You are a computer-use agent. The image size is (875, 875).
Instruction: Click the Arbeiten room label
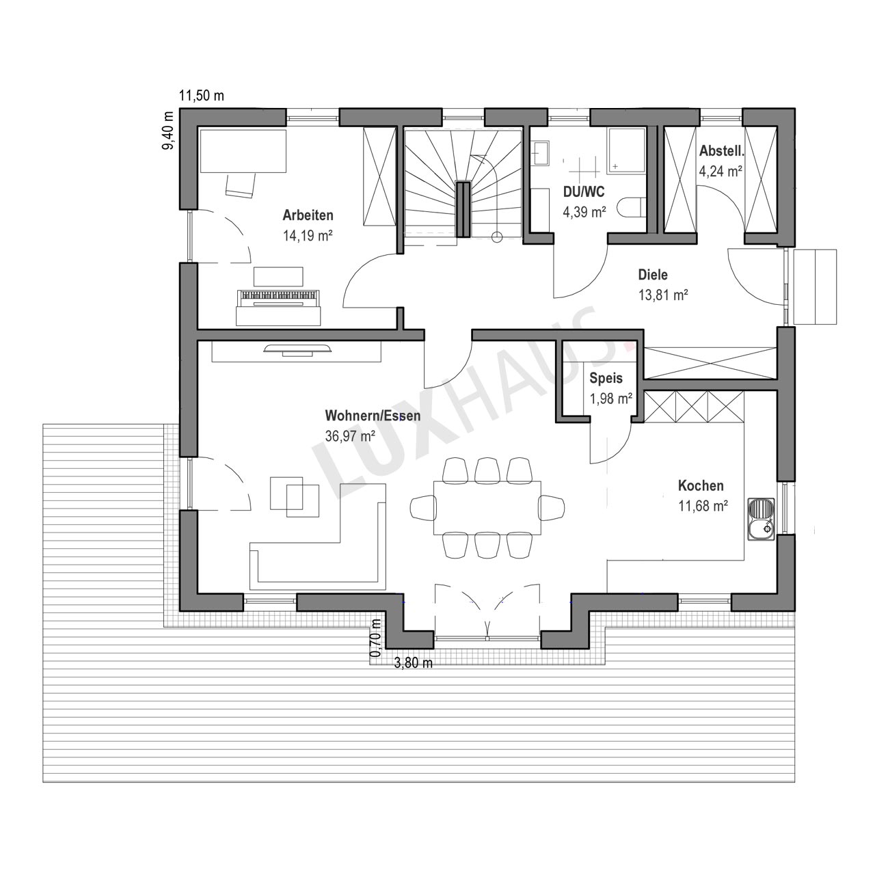[x=308, y=215]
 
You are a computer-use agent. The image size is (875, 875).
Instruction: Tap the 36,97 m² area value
[x=349, y=436]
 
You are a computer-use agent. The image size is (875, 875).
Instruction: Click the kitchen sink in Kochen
[x=762, y=520]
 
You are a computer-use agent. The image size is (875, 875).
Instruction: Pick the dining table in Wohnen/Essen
[x=487, y=508]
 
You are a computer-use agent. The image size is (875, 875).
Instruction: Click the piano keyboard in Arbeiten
[x=278, y=298]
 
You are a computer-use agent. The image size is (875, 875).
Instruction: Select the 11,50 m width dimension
[x=202, y=96]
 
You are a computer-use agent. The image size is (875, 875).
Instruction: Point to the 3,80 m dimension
[x=413, y=663]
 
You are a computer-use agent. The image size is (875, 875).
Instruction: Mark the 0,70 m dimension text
[x=375, y=637]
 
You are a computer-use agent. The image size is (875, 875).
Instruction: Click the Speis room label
[x=606, y=378]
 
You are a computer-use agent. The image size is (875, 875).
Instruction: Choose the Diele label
[x=653, y=274]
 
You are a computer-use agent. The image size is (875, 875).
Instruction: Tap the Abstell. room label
[x=721, y=151]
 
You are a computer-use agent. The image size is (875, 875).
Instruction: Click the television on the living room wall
[x=297, y=349]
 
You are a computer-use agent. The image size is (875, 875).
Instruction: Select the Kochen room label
[x=701, y=485]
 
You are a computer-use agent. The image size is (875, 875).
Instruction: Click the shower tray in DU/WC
[x=627, y=151]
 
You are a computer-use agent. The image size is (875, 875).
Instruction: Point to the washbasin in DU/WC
[x=540, y=153]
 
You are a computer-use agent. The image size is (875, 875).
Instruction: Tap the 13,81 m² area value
[x=663, y=295]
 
